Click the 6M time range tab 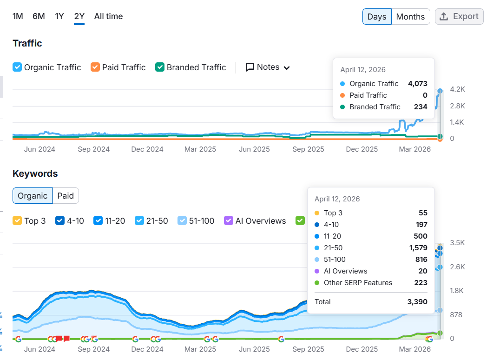[x=39, y=16]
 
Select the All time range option [x=108, y=16]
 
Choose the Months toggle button [x=410, y=17]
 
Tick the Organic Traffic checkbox [x=17, y=67]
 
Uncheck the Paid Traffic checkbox [x=95, y=67]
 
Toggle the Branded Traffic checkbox [x=160, y=67]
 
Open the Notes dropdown [x=268, y=67]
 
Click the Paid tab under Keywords [x=66, y=196]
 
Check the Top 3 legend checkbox [x=17, y=221]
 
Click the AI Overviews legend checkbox [x=229, y=221]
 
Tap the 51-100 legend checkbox [x=182, y=221]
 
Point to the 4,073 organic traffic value [x=417, y=84]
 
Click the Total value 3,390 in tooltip [x=417, y=302]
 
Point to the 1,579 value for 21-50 [x=417, y=248]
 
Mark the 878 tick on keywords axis [x=457, y=315]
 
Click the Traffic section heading [x=27, y=43]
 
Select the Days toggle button [x=376, y=17]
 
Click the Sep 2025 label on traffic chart [x=309, y=149]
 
